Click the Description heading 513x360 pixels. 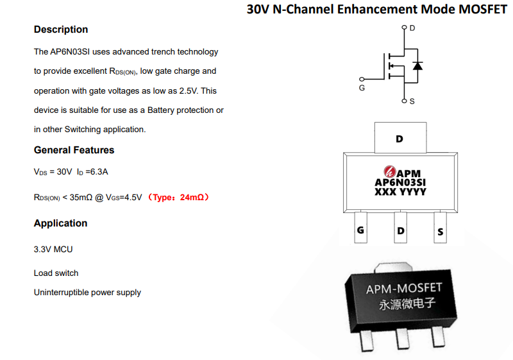[x=61, y=30]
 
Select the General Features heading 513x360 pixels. [x=74, y=150]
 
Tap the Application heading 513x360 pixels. [x=60, y=223]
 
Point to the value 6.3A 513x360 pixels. [x=99, y=172]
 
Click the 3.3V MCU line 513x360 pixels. [x=53, y=250]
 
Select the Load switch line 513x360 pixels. [x=56, y=273]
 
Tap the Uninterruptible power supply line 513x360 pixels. [x=87, y=292]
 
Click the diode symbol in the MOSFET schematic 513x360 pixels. [x=417, y=66]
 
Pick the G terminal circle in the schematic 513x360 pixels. [x=362, y=79]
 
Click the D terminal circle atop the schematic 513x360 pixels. [x=405, y=27]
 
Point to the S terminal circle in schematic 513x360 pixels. [x=405, y=101]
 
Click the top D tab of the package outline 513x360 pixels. [x=400, y=137]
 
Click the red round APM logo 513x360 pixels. [x=390, y=171]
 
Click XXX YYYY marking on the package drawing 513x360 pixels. [x=400, y=192]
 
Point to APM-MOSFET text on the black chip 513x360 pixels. [x=404, y=288]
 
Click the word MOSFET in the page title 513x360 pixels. [x=483, y=9]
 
